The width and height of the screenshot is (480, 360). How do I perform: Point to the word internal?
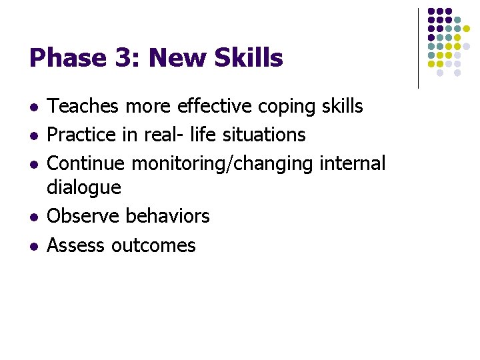click(x=353, y=163)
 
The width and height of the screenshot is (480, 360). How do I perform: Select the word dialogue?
click(x=84, y=188)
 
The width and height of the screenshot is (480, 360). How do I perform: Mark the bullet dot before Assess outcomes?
click(x=34, y=247)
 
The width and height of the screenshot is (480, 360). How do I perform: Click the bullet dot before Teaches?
click(x=34, y=107)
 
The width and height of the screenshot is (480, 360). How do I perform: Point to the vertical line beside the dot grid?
click(x=418, y=48)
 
